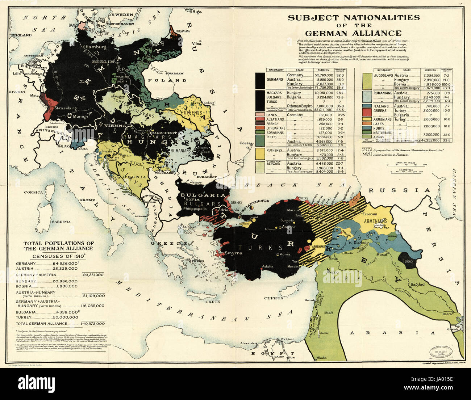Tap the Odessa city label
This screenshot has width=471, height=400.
(246, 143)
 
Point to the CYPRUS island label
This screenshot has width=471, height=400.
(274, 298)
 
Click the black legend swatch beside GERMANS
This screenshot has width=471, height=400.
(260, 80)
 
